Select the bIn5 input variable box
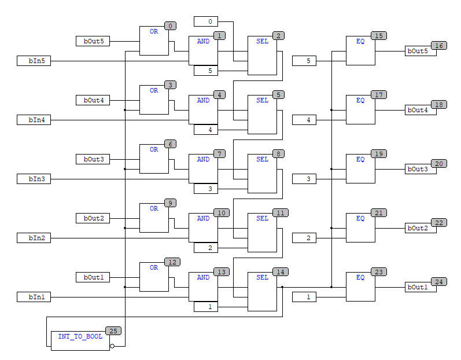tap(34, 61)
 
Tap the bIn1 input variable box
tap(34, 297)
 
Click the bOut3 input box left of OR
tap(93, 159)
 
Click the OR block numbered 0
tap(154, 41)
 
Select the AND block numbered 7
tap(203, 168)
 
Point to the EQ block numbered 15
tap(360, 50)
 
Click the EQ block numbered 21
tap(360, 227)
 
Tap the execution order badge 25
tap(112, 331)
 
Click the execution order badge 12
tap(171, 262)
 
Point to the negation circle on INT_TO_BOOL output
tap(112, 346)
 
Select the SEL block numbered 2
tap(262, 56)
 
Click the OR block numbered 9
tap(154, 218)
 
